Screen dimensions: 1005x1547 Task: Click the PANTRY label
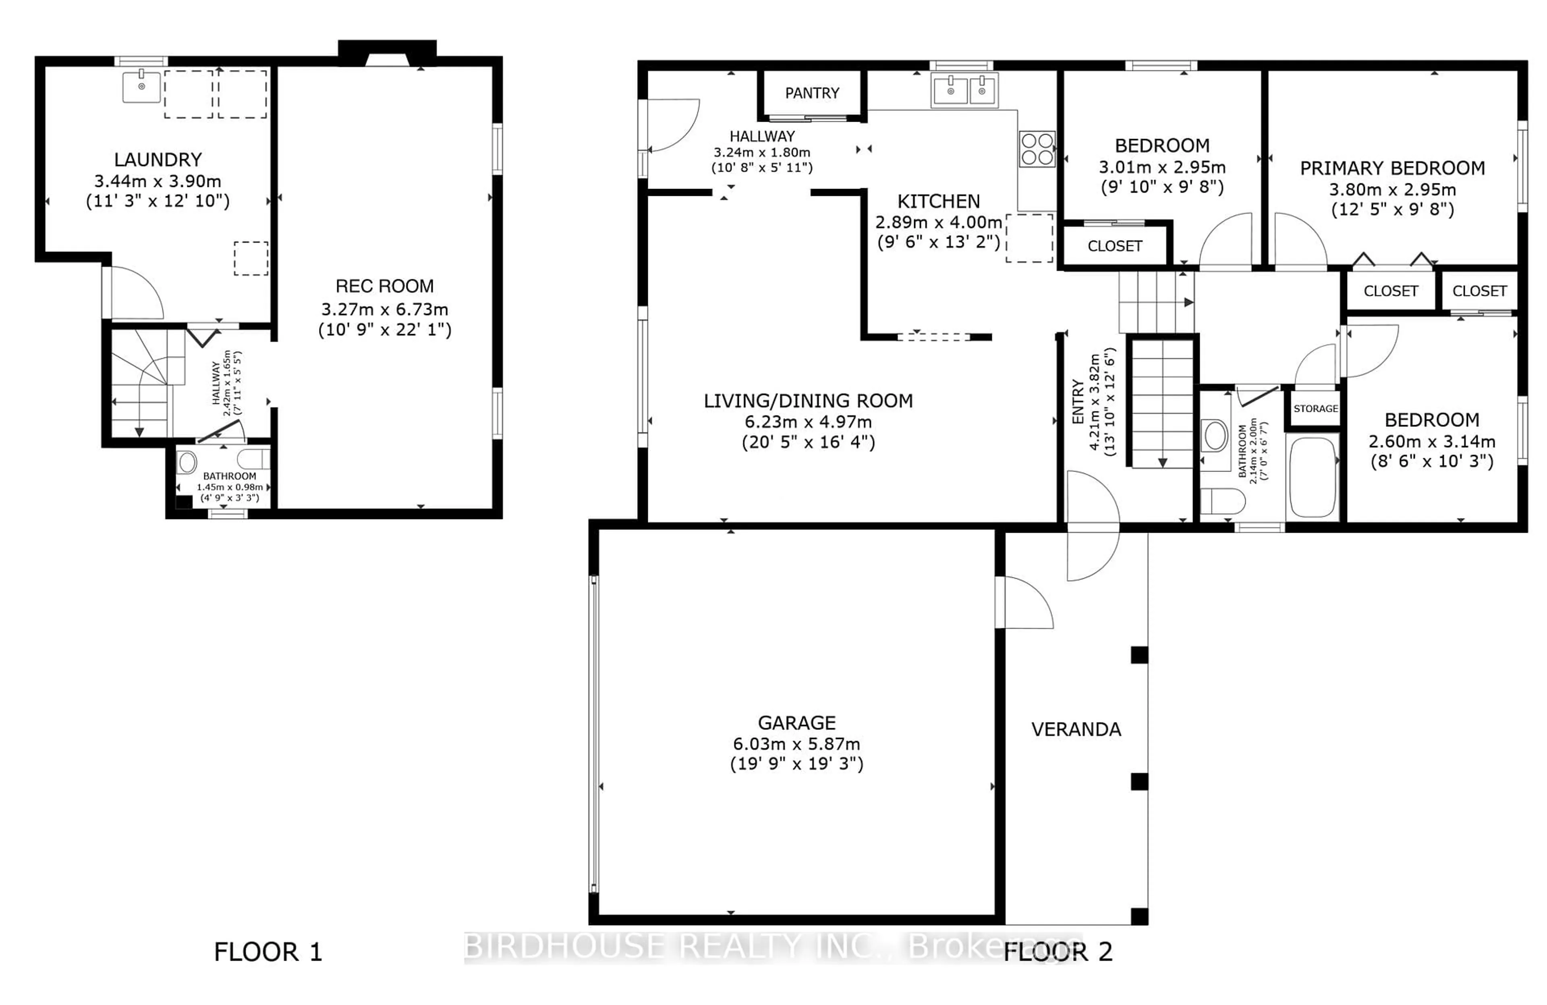812,93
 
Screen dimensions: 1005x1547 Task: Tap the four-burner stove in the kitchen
1037,149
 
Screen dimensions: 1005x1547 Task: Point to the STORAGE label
1316,408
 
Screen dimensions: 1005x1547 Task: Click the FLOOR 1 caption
268,952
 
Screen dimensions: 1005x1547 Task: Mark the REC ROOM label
384,286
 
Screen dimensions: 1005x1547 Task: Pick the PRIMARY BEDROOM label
1392,168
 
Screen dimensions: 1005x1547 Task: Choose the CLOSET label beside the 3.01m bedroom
1115,246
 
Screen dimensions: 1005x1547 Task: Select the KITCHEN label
939,201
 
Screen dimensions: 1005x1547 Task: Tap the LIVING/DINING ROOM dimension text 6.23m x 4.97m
808,422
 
